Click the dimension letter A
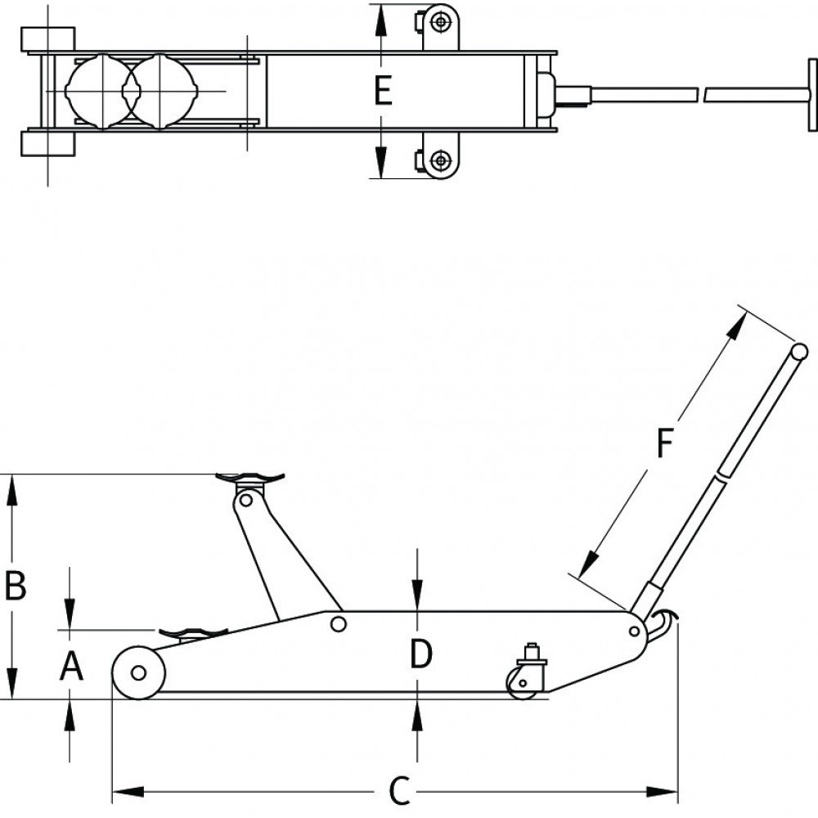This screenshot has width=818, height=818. point(72,667)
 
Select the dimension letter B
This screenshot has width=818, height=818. point(16,586)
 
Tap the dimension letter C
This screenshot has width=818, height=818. point(398,791)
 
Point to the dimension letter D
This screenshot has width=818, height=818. point(420,654)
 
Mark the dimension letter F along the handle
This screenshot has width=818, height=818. point(665,443)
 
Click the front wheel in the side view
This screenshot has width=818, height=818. point(138,672)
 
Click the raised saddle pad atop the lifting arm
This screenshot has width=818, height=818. point(249,478)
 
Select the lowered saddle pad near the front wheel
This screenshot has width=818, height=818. point(193,632)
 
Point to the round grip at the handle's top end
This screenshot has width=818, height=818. point(799,352)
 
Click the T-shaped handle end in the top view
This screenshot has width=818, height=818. point(811,94)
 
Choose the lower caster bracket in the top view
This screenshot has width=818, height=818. point(439,160)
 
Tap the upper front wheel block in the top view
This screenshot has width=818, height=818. point(48,38)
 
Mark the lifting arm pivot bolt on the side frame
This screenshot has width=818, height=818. point(336,624)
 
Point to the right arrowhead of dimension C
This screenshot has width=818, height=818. point(668,791)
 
